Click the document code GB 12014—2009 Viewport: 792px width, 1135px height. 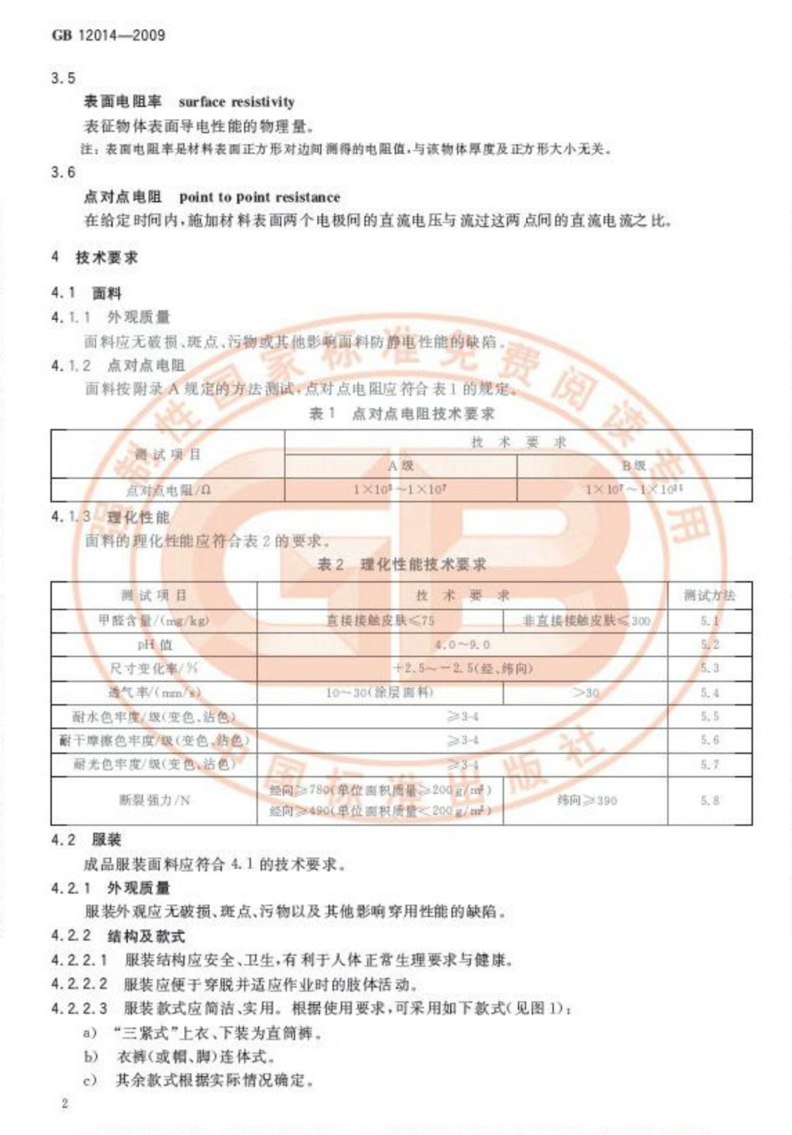(x=108, y=35)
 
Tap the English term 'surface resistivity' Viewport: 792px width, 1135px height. (x=236, y=102)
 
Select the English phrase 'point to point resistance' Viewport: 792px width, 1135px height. (x=259, y=197)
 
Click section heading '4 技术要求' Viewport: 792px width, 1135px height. (x=95, y=258)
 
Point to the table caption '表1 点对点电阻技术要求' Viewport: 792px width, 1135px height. (x=402, y=414)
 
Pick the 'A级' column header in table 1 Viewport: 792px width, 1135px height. (x=401, y=466)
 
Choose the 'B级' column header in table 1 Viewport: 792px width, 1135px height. (x=634, y=466)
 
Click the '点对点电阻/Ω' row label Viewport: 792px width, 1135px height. (x=168, y=490)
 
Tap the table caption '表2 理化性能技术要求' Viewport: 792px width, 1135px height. (x=402, y=565)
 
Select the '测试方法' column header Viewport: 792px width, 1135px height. (x=709, y=596)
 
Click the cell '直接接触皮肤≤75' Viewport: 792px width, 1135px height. (x=380, y=621)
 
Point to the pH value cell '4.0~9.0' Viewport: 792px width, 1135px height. (x=462, y=644)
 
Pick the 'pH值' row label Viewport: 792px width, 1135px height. (x=154, y=644)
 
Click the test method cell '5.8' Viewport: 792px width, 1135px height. (x=709, y=800)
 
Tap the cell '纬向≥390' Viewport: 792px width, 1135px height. (x=586, y=800)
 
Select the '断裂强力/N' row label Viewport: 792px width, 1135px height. (x=154, y=800)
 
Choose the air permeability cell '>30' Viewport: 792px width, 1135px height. (x=586, y=693)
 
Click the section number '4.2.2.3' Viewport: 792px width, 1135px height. (x=79, y=1008)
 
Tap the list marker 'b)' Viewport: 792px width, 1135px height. (x=90, y=1056)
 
